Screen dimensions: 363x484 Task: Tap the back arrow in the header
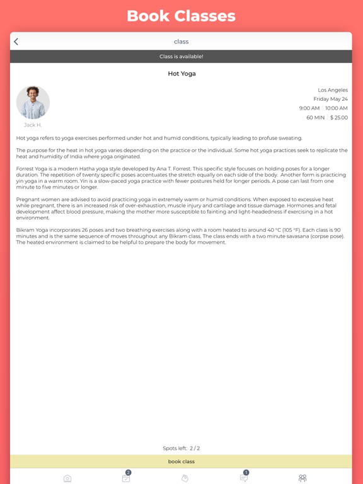tap(16, 42)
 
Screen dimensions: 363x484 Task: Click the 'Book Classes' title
tap(181, 16)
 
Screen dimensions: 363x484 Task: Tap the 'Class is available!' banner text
tap(181, 57)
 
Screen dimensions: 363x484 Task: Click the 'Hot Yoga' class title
tap(181, 74)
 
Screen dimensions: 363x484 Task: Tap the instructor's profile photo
tap(33, 102)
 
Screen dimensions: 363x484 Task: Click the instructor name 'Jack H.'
tap(33, 125)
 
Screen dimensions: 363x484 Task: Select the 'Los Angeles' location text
tap(332, 90)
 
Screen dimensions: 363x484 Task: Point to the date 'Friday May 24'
tap(330, 99)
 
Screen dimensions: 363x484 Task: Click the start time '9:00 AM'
tap(309, 108)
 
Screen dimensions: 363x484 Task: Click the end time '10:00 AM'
tap(337, 108)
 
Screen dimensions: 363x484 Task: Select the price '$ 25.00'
tap(339, 118)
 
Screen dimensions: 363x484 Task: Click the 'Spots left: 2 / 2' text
tap(181, 448)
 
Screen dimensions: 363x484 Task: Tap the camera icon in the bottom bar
tap(67, 478)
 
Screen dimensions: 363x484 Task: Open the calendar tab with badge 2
tap(126, 478)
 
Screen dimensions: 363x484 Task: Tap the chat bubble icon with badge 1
tap(244, 478)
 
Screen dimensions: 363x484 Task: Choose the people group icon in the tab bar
tap(302, 478)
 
